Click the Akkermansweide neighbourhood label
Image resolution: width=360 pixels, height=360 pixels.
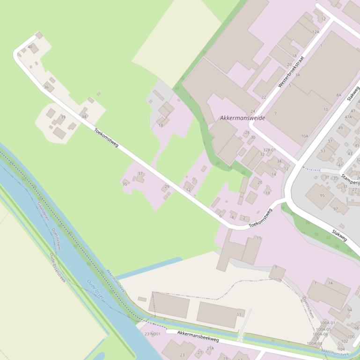point(242,118)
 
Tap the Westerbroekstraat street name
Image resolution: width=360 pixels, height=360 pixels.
point(291,72)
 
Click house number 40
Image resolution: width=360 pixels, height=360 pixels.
point(30,47)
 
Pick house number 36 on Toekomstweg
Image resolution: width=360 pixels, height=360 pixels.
point(46,87)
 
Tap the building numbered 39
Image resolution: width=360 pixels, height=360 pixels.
point(63,117)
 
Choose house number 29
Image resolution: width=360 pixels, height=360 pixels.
point(167,187)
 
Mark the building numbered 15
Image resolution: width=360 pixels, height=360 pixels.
point(259,238)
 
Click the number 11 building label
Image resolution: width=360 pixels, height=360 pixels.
point(239,315)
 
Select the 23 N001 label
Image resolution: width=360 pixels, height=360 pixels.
point(153,334)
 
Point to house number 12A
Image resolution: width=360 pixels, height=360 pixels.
point(316,32)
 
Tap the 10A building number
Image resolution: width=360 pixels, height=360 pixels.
point(305,136)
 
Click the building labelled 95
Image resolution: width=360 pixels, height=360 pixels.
point(322,195)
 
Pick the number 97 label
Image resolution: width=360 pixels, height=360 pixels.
point(335,209)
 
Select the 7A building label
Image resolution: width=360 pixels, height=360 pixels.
point(330,283)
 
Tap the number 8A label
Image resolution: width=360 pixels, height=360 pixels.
point(338,95)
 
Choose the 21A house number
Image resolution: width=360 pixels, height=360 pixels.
point(210,348)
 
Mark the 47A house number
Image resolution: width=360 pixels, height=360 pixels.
point(348,117)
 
